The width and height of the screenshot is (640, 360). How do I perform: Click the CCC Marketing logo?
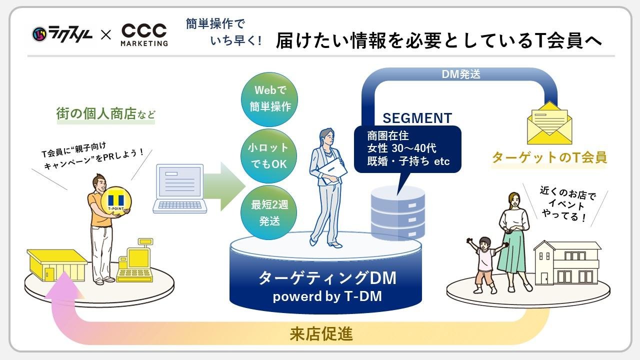point(144,34)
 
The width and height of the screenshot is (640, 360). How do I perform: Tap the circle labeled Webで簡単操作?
point(269,98)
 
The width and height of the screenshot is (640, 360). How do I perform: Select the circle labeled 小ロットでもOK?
point(269,155)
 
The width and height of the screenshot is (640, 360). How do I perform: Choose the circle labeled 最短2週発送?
point(269,212)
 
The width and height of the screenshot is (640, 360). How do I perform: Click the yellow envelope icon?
point(549,123)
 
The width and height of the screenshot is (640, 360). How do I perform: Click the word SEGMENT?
point(417,118)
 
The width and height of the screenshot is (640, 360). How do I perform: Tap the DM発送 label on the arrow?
point(461,74)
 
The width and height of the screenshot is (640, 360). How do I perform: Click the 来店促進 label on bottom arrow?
point(321,334)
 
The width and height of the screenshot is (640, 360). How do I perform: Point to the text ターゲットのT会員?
point(549,157)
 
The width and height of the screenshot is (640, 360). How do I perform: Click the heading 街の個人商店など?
point(105,114)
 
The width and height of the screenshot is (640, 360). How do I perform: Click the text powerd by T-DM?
point(327,296)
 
